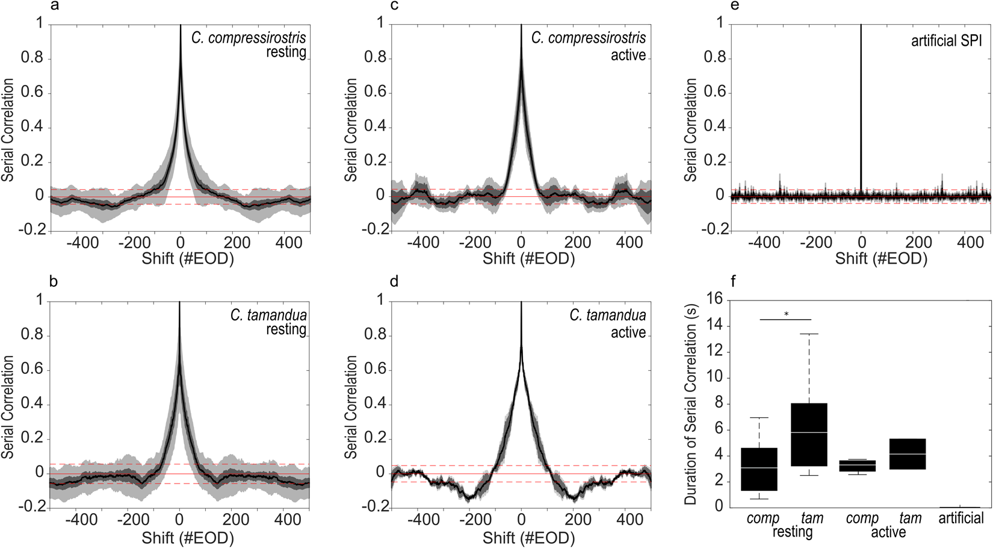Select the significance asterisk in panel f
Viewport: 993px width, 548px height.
[786, 314]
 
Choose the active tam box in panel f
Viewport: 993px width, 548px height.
[908, 453]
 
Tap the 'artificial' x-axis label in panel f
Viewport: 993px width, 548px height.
[961, 518]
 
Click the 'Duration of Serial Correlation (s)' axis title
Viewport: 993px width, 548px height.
[691, 403]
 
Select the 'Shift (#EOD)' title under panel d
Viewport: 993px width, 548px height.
[528, 537]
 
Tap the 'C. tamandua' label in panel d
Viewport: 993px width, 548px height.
[607, 315]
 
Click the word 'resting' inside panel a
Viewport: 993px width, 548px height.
[286, 52]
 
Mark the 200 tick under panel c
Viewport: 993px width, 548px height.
[577, 243]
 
